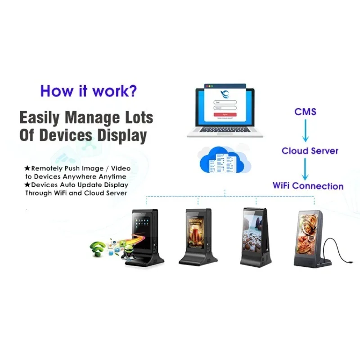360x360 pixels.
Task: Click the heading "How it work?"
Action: coord(89,91)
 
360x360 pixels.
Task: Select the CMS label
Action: coord(305,111)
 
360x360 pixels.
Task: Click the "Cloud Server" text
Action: coord(310,151)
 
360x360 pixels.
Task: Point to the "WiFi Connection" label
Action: coord(308,186)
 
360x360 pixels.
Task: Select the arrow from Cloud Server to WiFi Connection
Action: coord(305,169)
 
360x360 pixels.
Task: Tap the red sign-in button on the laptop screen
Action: coord(225,115)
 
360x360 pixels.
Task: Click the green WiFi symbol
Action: coord(99,248)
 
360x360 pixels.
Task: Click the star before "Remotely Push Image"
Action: coord(27,168)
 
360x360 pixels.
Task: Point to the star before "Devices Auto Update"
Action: coord(27,185)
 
